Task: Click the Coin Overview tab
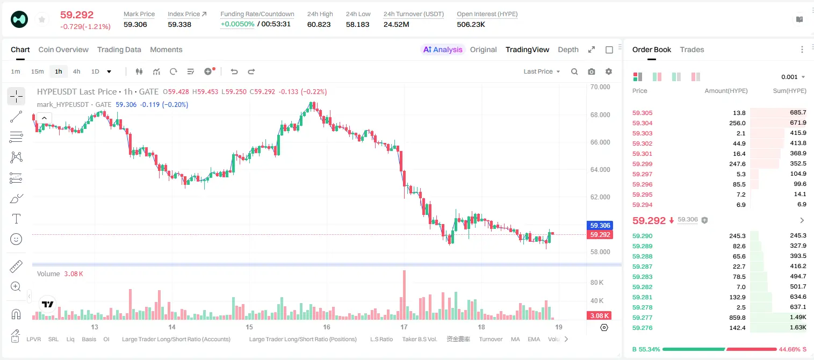pyautogui.click(x=63, y=49)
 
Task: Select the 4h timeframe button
pyautogui.click(x=76, y=71)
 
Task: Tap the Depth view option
pyautogui.click(x=568, y=49)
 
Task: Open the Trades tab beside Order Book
pyautogui.click(x=691, y=49)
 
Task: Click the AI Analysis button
pyautogui.click(x=443, y=49)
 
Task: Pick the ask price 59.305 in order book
pyautogui.click(x=642, y=113)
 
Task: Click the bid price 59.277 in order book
pyautogui.click(x=642, y=318)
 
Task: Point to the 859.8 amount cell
pyautogui.click(x=737, y=318)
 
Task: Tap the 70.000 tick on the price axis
pyautogui.click(x=600, y=87)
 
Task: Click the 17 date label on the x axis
pyautogui.click(x=404, y=327)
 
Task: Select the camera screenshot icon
pyautogui.click(x=592, y=71)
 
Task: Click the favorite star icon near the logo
pyautogui.click(x=42, y=19)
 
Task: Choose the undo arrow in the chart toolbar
pyautogui.click(x=234, y=71)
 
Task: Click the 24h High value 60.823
pyautogui.click(x=319, y=24)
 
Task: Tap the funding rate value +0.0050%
pyautogui.click(x=237, y=24)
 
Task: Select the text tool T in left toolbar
pyautogui.click(x=16, y=219)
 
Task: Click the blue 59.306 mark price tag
pyautogui.click(x=600, y=225)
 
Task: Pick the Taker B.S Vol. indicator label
pyautogui.click(x=419, y=339)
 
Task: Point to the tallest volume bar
pyautogui.click(x=404, y=294)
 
